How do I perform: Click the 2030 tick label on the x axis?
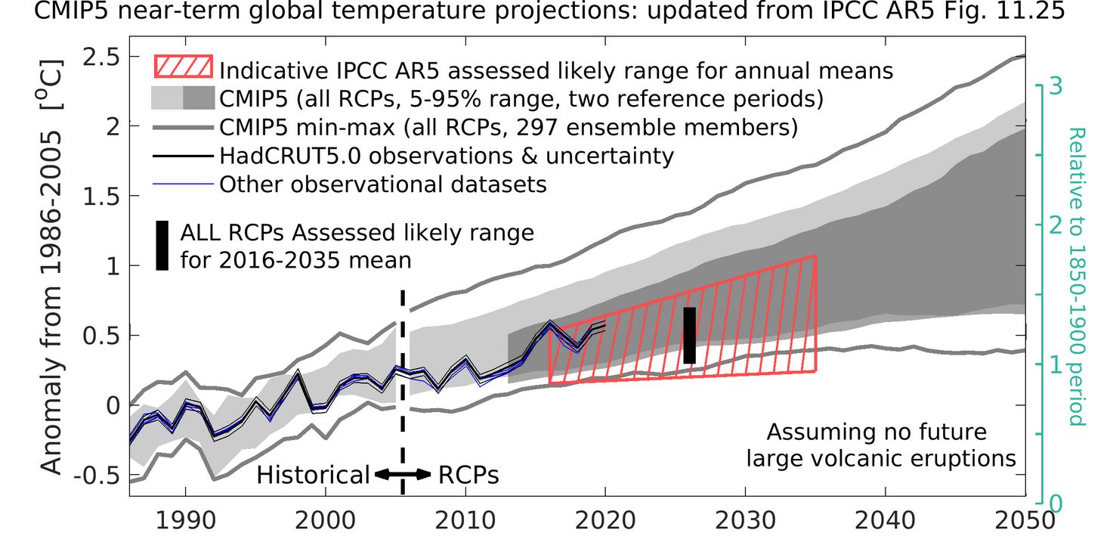tap(746, 521)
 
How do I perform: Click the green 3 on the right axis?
tap(1056, 85)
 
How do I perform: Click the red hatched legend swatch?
tap(184, 67)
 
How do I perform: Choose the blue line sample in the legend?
tap(184, 184)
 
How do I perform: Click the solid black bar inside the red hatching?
tap(689, 335)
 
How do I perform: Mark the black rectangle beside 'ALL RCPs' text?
tap(162, 246)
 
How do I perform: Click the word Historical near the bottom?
tap(313, 475)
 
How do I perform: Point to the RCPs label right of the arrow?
tap(468, 475)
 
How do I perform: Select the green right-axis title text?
tap(1077, 276)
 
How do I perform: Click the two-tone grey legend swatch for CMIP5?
tap(184, 98)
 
